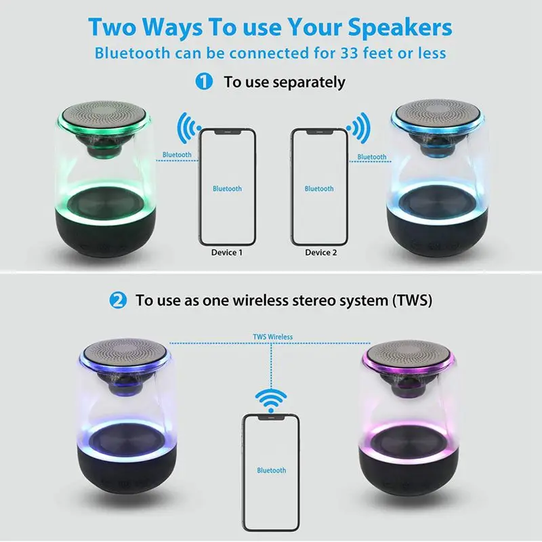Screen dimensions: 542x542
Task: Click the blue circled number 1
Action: [204, 82]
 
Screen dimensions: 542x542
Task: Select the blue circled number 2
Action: [118, 300]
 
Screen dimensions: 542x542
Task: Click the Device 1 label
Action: [227, 253]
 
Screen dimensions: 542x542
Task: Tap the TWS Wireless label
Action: [273, 336]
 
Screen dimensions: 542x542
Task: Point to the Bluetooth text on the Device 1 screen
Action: [227, 188]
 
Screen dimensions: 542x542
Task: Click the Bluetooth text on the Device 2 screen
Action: [319, 188]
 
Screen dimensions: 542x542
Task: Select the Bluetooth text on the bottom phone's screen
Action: [271, 470]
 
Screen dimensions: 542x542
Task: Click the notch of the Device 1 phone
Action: [227, 131]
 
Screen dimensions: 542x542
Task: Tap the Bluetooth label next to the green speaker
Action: [177, 154]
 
